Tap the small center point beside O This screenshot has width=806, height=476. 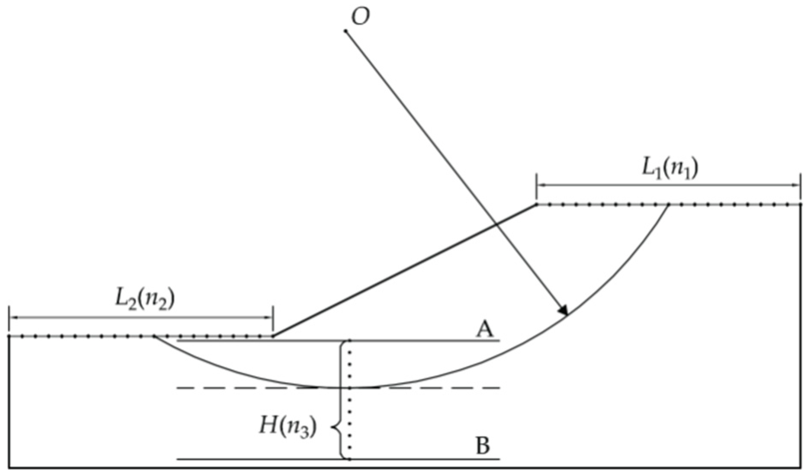coord(346,31)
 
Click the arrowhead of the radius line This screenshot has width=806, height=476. coord(564,310)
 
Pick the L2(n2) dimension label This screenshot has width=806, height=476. coord(145,300)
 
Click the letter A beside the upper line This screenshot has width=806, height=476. coord(485,330)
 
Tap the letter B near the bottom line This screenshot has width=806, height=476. coord(483,446)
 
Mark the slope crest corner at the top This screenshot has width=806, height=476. coord(536,205)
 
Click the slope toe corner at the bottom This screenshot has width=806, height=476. coord(273,336)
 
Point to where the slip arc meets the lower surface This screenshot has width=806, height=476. coord(153,337)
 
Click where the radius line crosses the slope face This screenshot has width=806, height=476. coord(496,224)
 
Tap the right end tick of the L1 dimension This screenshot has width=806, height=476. coord(800,185)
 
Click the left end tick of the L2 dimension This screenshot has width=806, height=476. coord(9,318)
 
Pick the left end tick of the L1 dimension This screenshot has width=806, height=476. coord(536,185)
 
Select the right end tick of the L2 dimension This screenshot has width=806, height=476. coord(273,318)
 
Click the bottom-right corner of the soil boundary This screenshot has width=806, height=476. coord(800,467)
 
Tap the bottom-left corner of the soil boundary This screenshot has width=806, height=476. coord(9,467)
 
